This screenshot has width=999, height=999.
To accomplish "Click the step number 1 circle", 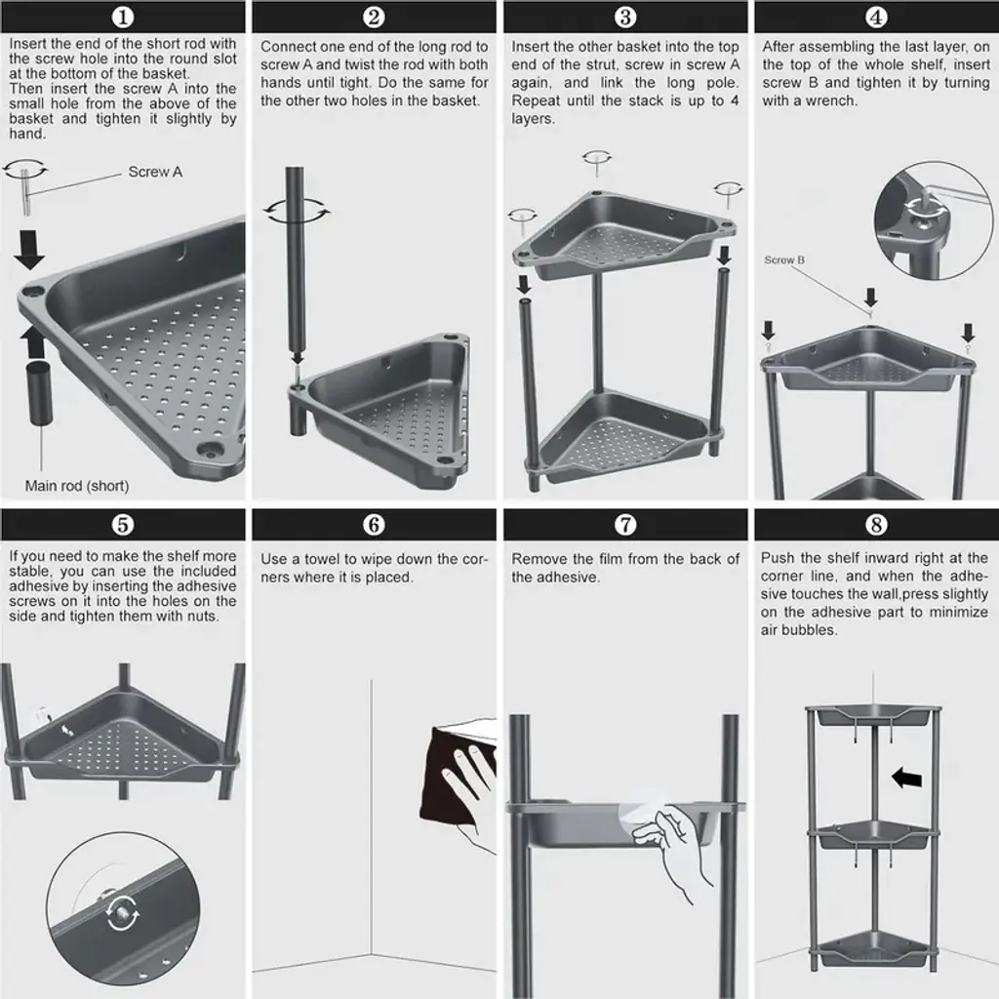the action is [x=123, y=17].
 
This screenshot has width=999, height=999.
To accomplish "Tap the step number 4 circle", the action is [x=876, y=17].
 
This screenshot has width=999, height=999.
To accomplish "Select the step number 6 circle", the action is [x=374, y=524].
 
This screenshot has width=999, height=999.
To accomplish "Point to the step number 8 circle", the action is [x=876, y=524].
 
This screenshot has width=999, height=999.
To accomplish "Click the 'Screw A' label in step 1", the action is [x=155, y=172].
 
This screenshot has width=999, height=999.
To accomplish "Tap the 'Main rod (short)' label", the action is [x=77, y=486].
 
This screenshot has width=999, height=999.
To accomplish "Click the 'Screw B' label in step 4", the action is [x=784, y=260].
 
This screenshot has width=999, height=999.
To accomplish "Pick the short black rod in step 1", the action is [x=38, y=393].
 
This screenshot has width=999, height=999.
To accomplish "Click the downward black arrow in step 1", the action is [x=28, y=250].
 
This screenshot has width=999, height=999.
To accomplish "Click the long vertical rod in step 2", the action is [x=295, y=261].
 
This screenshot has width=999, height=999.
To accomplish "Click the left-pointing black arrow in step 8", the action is [x=906, y=778].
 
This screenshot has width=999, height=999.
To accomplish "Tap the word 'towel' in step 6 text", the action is [x=322, y=559].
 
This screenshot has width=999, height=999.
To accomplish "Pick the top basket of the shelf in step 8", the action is [x=873, y=715].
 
